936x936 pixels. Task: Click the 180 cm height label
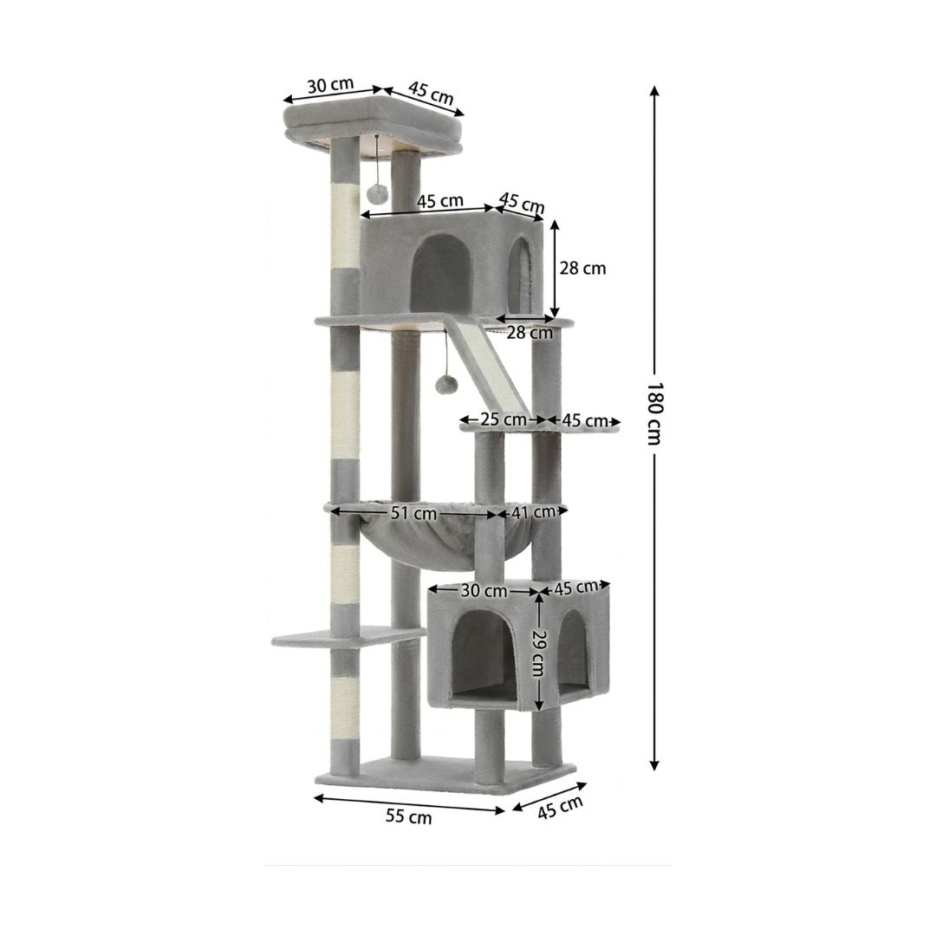tap(654, 413)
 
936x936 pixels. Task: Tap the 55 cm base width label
tap(409, 816)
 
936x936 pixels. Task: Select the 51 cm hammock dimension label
tap(413, 513)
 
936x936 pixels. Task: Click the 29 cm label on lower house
tap(538, 653)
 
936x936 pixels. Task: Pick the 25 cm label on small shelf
tap(504, 419)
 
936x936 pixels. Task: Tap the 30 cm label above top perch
tap(331, 85)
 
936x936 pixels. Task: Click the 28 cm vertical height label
tap(582, 269)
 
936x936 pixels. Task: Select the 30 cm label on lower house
tap(484, 591)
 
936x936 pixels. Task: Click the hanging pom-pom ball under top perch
tap(378, 192)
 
